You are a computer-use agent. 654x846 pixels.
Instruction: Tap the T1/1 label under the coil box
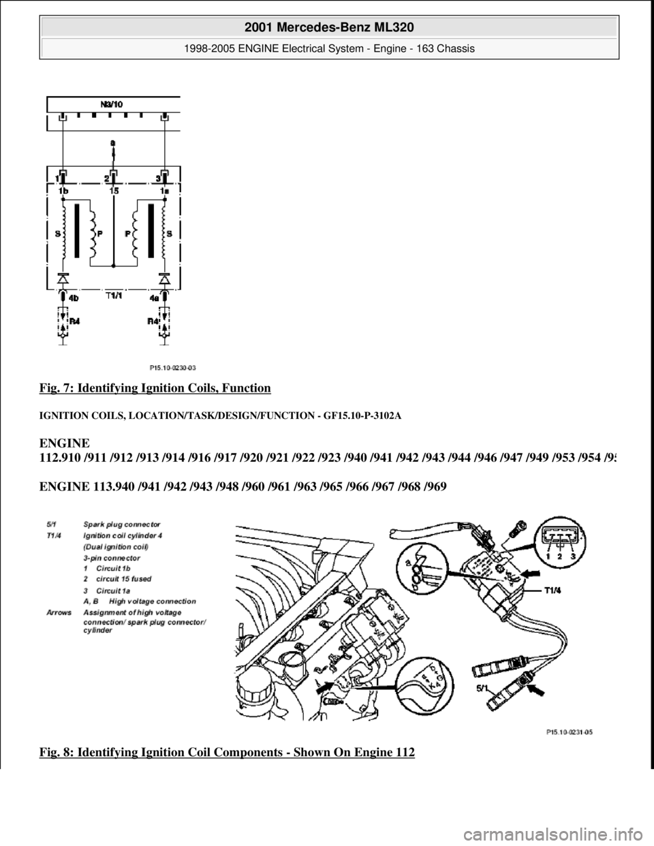pyautogui.click(x=113, y=296)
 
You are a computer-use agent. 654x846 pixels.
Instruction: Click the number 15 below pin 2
pyautogui.click(x=113, y=191)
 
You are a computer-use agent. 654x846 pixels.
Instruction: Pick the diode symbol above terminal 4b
pyautogui.click(x=63, y=279)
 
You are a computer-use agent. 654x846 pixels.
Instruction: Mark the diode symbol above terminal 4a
pyautogui.click(x=164, y=279)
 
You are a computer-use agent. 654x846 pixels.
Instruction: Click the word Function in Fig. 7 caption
pyautogui.click(x=249, y=388)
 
